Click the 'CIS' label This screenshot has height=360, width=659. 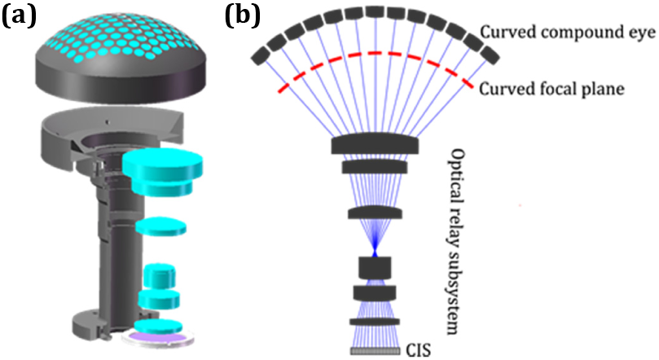[x=416, y=351]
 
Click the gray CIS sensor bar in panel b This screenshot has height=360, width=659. [x=375, y=352]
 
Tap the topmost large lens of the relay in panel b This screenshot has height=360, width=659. [x=376, y=145]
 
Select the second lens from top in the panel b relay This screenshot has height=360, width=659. [x=375, y=167]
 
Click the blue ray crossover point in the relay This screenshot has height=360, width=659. [x=375, y=254]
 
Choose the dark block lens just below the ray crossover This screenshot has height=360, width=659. [x=375, y=267]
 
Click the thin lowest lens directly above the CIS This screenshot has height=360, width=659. [x=375, y=322]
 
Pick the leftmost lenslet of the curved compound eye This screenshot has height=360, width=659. [x=261, y=55]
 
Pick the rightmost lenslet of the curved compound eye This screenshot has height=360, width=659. [x=489, y=55]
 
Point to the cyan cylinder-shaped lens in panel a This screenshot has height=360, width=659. [x=160, y=275]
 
